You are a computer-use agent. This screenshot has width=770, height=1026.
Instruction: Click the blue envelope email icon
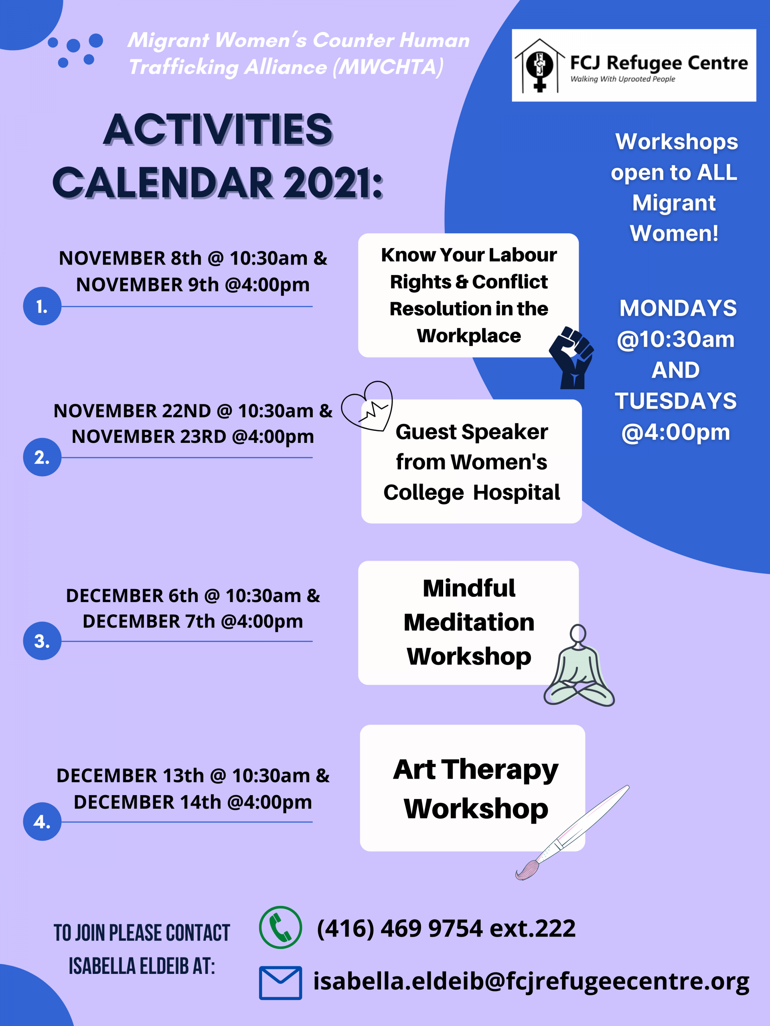pyautogui.click(x=280, y=982)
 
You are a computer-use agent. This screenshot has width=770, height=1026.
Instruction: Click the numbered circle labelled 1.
pyautogui.click(x=42, y=306)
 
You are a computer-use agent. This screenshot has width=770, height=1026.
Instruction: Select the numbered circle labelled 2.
pyautogui.click(x=42, y=457)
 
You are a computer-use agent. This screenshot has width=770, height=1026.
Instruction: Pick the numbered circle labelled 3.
pyautogui.click(x=42, y=640)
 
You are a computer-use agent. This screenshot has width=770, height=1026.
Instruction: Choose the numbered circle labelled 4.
pyautogui.click(x=42, y=822)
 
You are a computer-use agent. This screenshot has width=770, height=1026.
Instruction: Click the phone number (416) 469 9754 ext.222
pyautogui.click(x=446, y=928)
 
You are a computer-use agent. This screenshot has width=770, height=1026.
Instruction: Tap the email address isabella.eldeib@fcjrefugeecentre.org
pyautogui.click(x=531, y=982)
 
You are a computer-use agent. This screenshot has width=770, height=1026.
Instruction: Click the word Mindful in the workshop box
pyautogui.click(x=469, y=588)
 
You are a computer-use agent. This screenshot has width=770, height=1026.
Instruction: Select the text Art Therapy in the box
pyautogui.click(x=475, y=769)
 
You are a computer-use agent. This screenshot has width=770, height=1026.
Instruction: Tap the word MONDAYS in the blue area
pyautogui.click(x=678, y=309)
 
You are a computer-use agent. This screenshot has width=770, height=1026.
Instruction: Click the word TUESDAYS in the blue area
pyautogui.click(x=675, y=401)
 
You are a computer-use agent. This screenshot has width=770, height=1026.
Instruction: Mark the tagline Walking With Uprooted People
pyautogui.click(x=622, y=79)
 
